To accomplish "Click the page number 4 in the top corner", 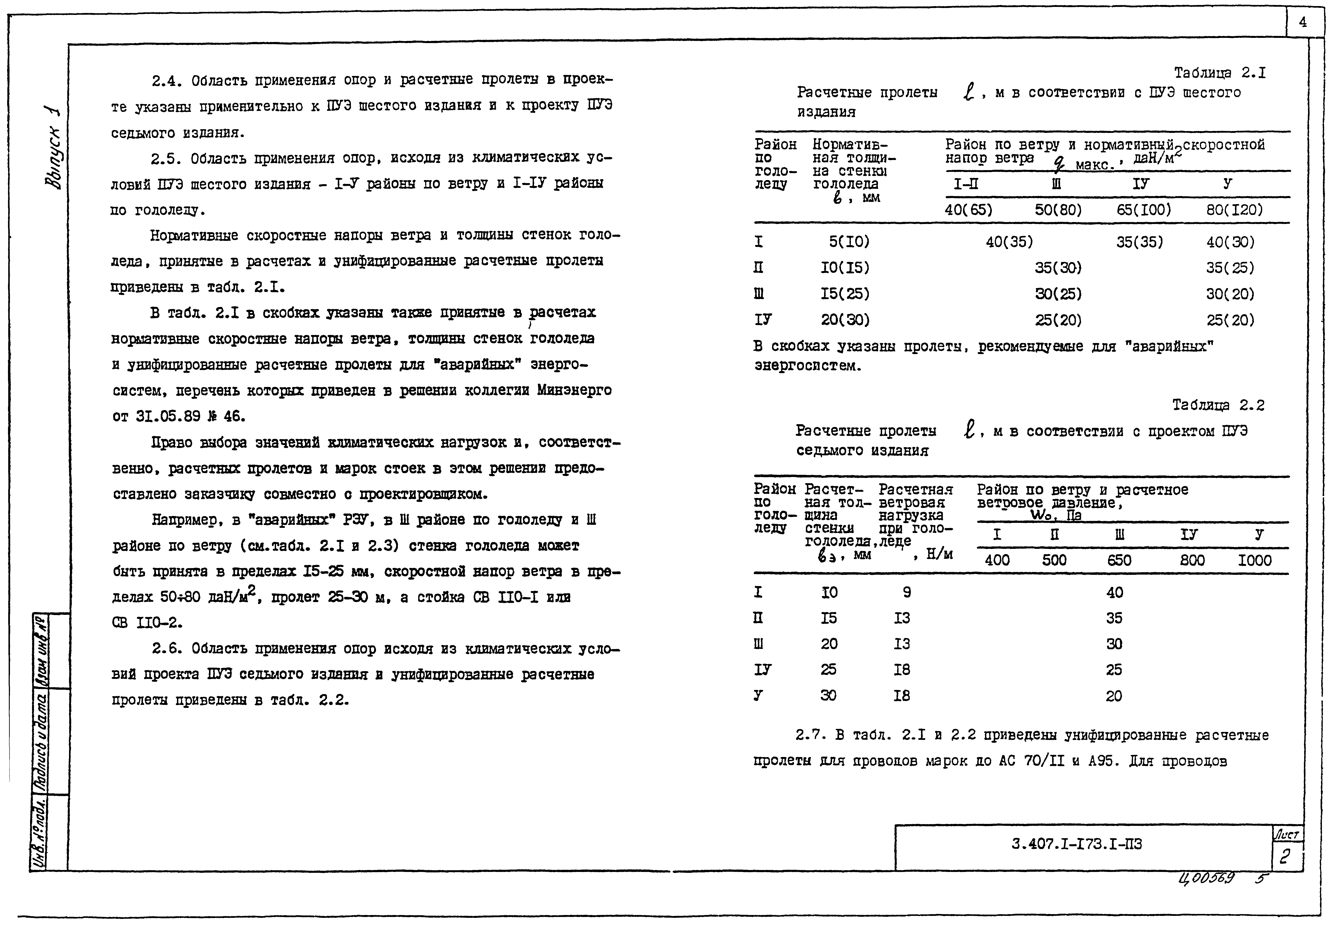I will [1303, 23].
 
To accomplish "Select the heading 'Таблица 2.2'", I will [1218, 405].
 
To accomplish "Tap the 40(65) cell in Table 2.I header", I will [969, 210].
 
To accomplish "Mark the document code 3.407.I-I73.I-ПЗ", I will [1077, 844].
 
